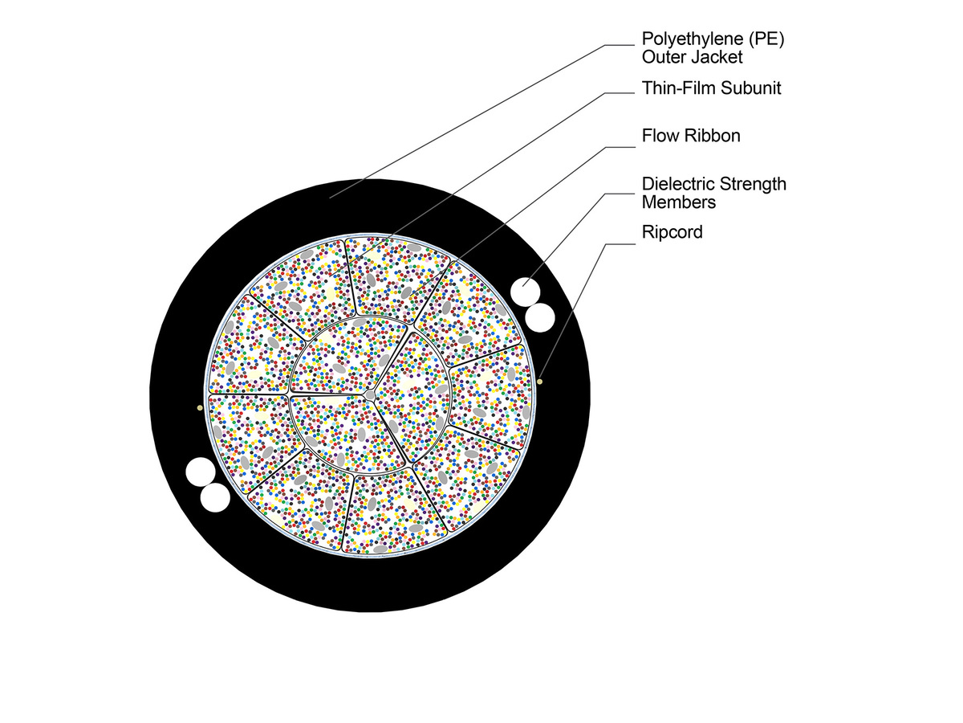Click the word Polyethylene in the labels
686,39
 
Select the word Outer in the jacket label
664,57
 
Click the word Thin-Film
677,88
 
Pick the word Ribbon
712,136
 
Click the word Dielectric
679,184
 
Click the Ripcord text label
672,232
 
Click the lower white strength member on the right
540,317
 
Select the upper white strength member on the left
199,472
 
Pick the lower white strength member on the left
214,498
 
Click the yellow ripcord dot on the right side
541,381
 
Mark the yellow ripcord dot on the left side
199,408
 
